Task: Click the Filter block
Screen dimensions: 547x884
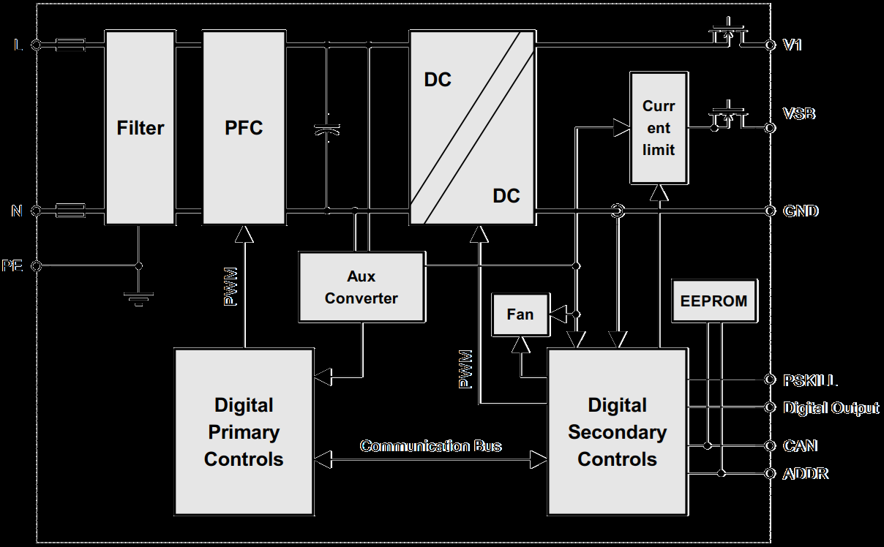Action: [140, 128]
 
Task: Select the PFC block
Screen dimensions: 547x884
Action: [244, 128]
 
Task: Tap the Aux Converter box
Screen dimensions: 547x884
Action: [362, 287]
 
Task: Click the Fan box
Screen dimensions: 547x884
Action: [520, 315]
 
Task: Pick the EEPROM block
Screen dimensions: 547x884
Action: [713, 301]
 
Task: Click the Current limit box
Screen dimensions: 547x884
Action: [659, 129]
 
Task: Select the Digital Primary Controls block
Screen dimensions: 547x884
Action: [244, 431]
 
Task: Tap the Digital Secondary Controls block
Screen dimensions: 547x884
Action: [618, 431]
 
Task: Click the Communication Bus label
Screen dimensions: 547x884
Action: [431, 446]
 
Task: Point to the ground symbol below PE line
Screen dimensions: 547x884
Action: [139, 296]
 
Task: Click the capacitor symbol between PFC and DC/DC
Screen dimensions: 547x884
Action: [327, 128]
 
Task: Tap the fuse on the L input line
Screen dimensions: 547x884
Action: [70, 45]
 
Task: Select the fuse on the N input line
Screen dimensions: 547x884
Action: [70, 211]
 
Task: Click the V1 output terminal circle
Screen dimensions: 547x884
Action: [770, 45]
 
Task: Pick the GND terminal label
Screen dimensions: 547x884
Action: [801, 211]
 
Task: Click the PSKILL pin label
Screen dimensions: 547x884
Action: [810, 380]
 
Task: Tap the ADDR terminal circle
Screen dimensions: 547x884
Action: [770, 474]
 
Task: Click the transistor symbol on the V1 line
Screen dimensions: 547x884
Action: [728, 34]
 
